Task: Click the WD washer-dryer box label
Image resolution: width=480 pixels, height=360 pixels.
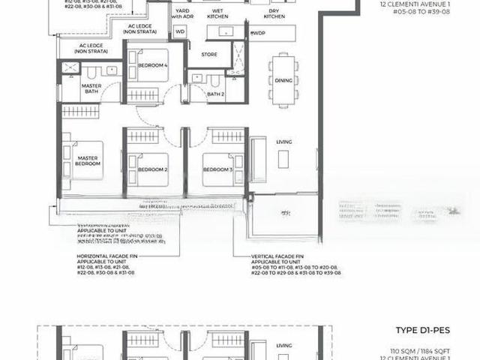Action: [x=180, y=32]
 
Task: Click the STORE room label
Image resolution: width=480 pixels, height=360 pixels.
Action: [x=209, y=54]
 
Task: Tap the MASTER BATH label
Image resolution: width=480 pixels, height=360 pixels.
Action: [x=91, y=89]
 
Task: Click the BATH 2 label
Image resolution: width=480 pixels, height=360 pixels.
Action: [x=216, y=94]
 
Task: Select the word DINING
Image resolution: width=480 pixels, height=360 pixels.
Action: [x=283, y=80]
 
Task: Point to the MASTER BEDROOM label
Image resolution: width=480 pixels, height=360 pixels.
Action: [x=88, y=160]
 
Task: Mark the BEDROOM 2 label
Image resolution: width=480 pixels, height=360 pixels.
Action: [x=152, y=170]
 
